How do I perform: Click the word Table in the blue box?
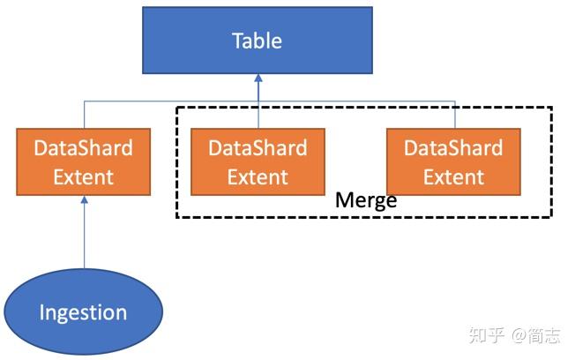tap(257, 41)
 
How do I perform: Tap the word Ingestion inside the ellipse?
tap(83, 311)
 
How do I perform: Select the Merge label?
tap(366, 200)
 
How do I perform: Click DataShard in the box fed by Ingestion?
tap(83, 147)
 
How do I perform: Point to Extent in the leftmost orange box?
tap(83, 176)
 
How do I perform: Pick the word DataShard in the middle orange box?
tap(258, 147)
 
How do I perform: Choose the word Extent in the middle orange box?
tap(258, 176)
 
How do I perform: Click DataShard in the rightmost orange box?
tap(453, 147)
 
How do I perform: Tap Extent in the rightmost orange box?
tap(453, 176)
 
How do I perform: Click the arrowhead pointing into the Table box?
tap(258, 79)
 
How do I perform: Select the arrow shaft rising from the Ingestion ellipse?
tap(84, 238)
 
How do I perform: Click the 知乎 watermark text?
tap(486, 335)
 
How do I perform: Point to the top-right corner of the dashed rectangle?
tap(552, 108)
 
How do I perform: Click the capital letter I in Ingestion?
tap(42, 311)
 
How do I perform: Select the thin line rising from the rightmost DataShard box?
tap(455, 115)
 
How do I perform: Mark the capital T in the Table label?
tap(237, 41)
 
